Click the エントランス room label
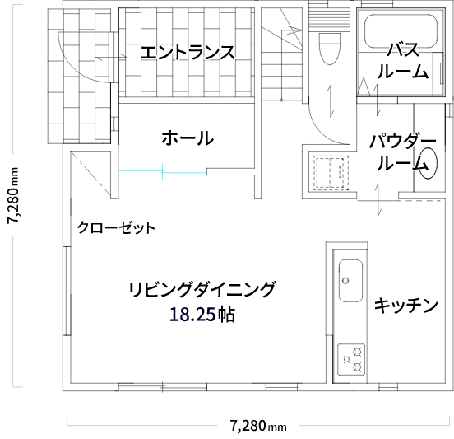pyautogui.click(x=188, y=53)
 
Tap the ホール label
pyautogui.click(x=188, y=138)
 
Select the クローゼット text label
pyautogui.click(x=116, y=227)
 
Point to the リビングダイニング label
pyautogui.click(x=202, y=289)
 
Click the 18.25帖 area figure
pyautogui.click(x=202, y=315)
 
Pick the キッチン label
pyautogui.click(x=406, y=305)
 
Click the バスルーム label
pyautogui.click(x=403, y=61)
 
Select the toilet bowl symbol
pyautogui.click(x=329, y=49)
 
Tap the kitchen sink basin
pyautogui.click(x=350, y=281)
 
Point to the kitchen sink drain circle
pyautogui.click(x=345, y=280)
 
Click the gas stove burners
pyautogui.click(x=351, y=360)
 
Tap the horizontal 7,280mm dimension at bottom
pyautogui.click(x=258, y=426)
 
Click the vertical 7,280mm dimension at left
pyautogui.click(x=13, y=195)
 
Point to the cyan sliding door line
pyautogui.click(x=162, y=171)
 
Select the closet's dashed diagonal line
pyautogui.click(x=90, y=174)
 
